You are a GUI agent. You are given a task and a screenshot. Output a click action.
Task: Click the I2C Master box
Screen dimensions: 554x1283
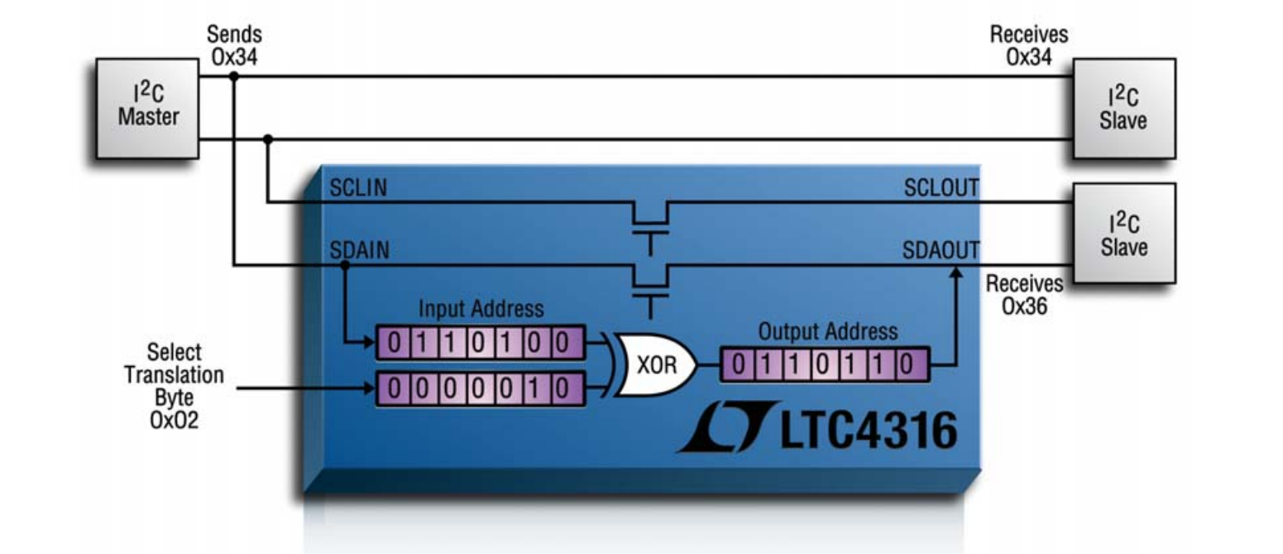click(148, 108)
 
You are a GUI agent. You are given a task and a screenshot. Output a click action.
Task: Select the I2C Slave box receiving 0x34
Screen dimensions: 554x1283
click(1123, 108)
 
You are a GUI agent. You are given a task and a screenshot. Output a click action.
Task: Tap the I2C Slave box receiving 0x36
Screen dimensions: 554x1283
click(1123, 234)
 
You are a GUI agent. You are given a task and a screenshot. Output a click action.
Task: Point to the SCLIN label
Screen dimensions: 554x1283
click(357, 188)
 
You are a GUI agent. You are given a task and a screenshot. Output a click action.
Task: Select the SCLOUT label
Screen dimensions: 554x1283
click(941, 188)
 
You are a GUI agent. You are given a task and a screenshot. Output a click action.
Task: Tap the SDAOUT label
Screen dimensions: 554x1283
click(941, 249)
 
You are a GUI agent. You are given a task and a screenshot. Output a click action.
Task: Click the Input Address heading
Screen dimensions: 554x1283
click(481, 309)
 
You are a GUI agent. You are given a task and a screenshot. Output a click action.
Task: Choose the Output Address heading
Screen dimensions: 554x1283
click(827, 331)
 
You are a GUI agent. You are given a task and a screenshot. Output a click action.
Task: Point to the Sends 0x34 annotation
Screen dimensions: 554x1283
click(236, 46)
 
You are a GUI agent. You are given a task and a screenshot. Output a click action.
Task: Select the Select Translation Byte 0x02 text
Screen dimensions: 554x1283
click(174, 385)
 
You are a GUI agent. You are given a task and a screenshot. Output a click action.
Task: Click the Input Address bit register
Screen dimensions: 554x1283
click(481, 342)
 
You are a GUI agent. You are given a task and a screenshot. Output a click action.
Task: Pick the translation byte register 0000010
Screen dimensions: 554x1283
click(481, 388)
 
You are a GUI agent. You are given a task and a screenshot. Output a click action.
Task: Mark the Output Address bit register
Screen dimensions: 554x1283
click(825, 364)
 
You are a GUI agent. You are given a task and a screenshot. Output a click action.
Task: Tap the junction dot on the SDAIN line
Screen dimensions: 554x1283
click(344, 266)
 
